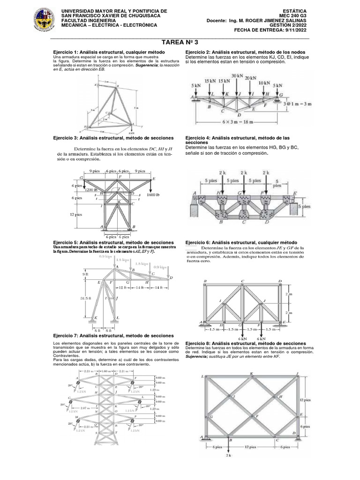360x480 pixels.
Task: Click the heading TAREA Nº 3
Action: coord(180,42)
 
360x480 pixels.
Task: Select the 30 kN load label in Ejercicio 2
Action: coord(237,75)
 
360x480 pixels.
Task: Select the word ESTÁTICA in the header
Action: coord(296,10)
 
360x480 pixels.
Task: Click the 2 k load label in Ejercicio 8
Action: coord(228,455)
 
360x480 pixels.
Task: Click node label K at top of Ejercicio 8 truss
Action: coord(251,374)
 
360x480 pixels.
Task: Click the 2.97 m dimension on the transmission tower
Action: coord(86,408)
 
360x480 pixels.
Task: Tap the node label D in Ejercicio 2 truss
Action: coord(240,114)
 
